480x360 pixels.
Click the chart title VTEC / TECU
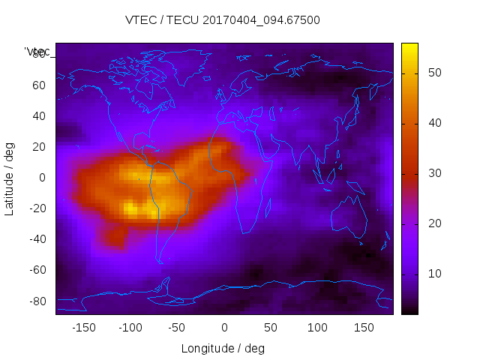[223, 20]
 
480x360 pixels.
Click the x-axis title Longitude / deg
[223, 349]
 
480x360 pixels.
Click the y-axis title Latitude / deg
[10, 178]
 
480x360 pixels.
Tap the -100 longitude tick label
[130, 328]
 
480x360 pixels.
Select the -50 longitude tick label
[177, 328]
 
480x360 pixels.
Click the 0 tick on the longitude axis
[224, 328]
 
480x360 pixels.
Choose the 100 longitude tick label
[318, 328]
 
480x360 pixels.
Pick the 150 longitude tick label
[364, 328]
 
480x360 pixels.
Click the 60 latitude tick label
[39, 85]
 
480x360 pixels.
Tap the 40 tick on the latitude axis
[39, 115]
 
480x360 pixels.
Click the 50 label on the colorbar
[433, 73]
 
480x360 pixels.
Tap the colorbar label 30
[433, 173]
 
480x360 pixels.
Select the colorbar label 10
[433, 274]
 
